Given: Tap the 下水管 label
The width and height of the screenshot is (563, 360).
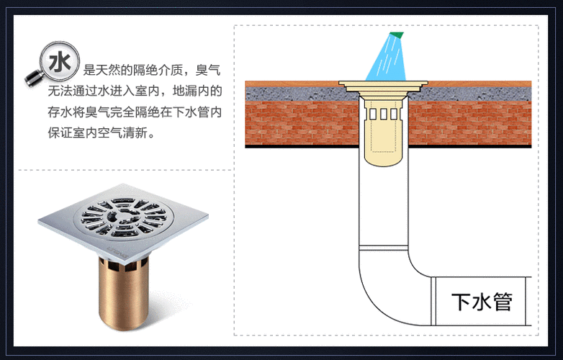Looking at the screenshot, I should pyautogui.click(x=481, y=301).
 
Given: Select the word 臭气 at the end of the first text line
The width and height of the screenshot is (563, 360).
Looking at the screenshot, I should pyautogui.click(x=208, y=71).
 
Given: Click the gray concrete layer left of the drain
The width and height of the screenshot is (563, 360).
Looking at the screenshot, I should pyautogui.click(x=295, y=91).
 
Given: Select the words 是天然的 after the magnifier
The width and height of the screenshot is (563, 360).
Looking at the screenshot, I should pyautogui.click(x=109, y=71).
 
